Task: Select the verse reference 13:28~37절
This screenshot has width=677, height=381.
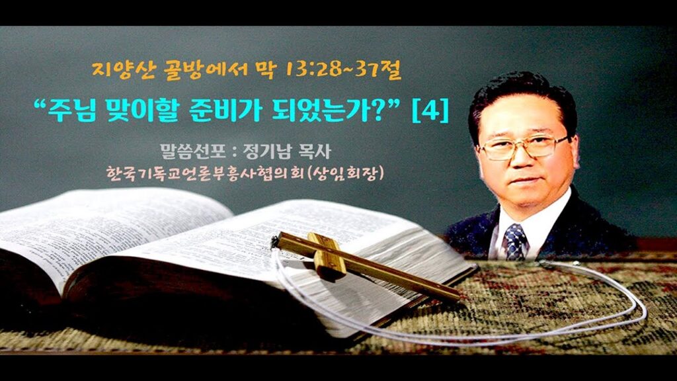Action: coord(343,70)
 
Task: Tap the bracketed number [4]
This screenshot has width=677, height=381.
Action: coord(430,111)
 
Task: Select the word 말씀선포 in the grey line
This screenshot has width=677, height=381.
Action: coord(193,151)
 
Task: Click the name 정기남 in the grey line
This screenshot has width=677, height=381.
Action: coord(268,151)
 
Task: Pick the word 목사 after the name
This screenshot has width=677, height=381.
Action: coord(315,151)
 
